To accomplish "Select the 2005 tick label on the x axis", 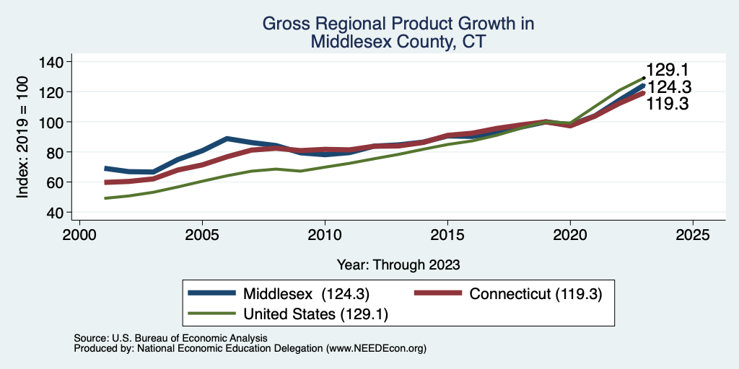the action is [x=202, y=234].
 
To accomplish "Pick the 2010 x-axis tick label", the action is [x=325, y=234].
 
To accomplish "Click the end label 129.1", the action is [x=667, y=70].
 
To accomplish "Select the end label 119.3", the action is [x=667, y=104].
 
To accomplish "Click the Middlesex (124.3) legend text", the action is [x=306, y=293].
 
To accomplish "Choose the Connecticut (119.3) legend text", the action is [x=536, y=293].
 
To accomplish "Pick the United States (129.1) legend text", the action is [x=315, y=314].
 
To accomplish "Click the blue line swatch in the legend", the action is [x=211, y=293].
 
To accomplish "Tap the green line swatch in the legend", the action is [x=211, y=313].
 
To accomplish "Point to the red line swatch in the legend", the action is [x=438, y=293].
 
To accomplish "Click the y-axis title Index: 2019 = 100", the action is [x=22, y=137].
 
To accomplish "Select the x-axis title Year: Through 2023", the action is [x=398, y=264].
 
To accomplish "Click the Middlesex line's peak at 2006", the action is [x=227, y=138].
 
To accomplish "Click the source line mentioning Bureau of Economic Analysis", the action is [x=170, y=338].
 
